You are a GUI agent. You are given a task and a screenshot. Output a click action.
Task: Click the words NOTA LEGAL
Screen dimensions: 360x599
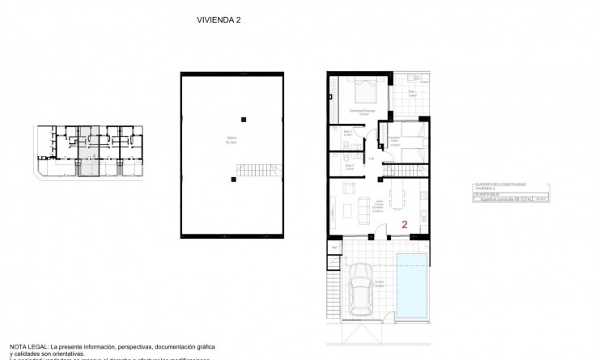coord(27,344)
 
